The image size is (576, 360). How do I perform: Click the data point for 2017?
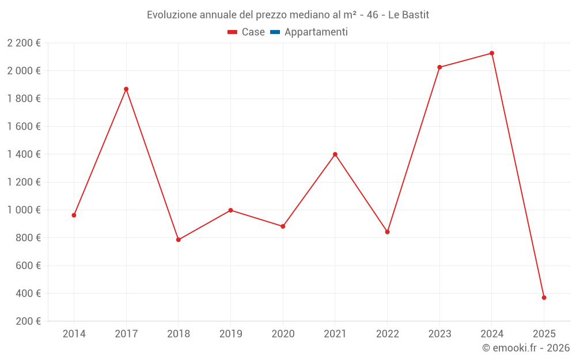126,89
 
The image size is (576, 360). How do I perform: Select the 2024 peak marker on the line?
492,53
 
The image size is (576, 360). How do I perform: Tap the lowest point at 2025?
544,298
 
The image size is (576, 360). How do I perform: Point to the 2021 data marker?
335,154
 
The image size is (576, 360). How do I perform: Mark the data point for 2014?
74,215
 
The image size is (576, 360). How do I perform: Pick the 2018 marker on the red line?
179,240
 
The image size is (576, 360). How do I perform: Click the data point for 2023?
439,67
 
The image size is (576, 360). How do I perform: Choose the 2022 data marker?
387,232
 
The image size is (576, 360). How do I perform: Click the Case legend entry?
247,32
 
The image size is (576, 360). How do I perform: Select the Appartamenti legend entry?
309,32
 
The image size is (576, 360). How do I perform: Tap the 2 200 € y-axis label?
24,43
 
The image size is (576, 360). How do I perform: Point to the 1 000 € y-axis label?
24,210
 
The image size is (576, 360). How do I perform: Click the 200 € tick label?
28,321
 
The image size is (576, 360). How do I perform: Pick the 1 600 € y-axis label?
24,127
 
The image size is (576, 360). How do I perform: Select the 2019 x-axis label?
230,334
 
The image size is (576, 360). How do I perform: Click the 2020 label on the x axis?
283,334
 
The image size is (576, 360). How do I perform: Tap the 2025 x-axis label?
544,334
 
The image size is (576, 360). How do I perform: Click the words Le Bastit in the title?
408,14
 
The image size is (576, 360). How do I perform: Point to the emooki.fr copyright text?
525,348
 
